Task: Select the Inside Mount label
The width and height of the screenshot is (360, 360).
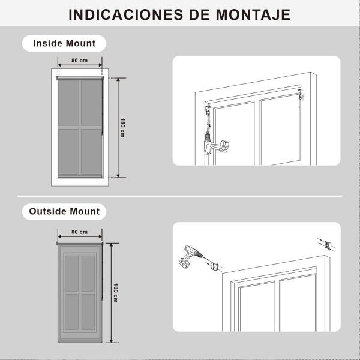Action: tap(64, 43)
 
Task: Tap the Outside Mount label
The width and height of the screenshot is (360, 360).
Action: tap(64, 211)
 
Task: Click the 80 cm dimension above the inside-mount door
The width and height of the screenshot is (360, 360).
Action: tap(80, 61)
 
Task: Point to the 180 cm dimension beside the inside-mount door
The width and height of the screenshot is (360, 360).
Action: tap(122, 128)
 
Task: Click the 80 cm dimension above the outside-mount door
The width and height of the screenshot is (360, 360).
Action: tap(80, 232)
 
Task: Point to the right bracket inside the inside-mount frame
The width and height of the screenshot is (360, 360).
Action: tap(302, 94)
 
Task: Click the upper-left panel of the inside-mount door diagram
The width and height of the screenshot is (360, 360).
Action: tap(68, 102)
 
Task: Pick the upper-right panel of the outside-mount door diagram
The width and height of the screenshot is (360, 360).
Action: tap(88, 272)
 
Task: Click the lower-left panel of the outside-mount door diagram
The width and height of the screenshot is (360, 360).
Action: tap(71, 311)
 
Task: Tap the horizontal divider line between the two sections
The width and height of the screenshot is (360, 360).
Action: tap(180, 196)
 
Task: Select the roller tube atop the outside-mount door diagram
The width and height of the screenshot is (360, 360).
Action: tap(80, 244)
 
